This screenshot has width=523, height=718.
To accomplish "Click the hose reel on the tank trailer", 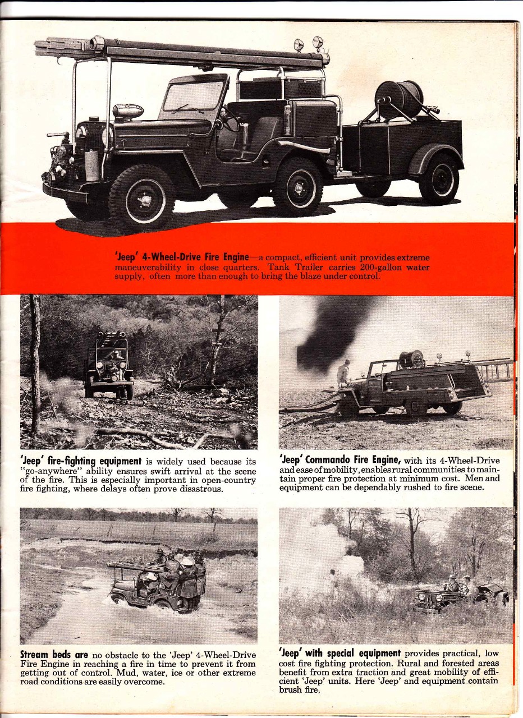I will (399, 99).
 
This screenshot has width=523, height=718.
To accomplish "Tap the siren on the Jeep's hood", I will (128, 111).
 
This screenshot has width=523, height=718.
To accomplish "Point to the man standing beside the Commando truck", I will (343, 374).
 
